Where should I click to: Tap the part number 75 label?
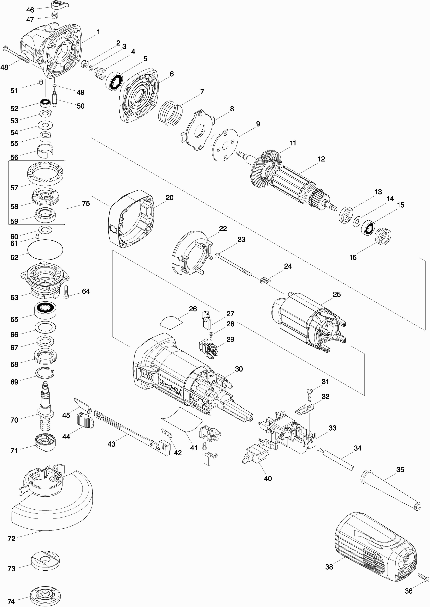pyautogui.click(x=86, y=204)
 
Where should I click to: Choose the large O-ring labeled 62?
pyautogui.click(x=45, y=250)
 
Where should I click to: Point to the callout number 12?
pyautogui.click(x=321, y=159)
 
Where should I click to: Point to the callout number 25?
pyautogui.click(x=337, y=294)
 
